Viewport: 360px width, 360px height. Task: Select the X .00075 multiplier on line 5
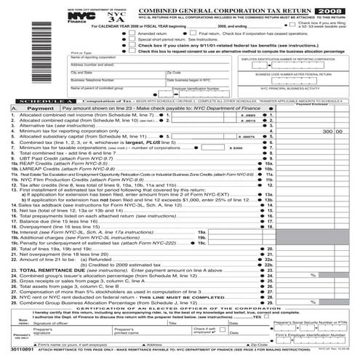(x=247, y=136)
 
